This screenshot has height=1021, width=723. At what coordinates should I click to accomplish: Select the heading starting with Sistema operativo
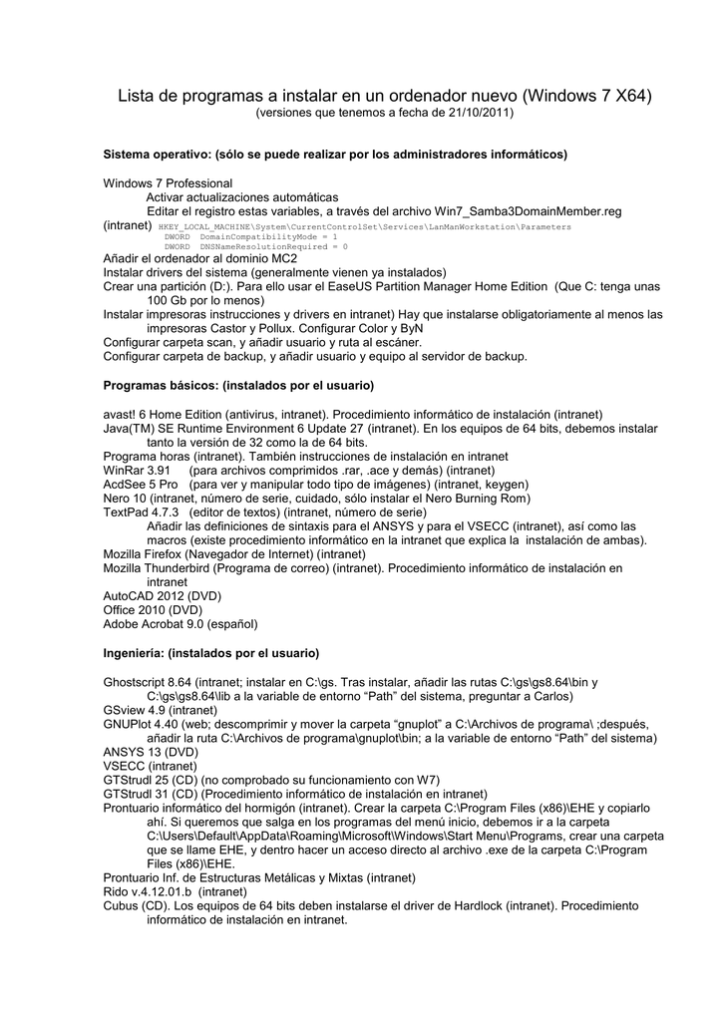335,155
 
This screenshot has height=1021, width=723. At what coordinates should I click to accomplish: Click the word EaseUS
384,285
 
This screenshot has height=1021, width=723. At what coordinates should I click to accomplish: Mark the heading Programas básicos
238,385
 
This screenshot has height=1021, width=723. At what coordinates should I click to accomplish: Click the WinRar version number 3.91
159,470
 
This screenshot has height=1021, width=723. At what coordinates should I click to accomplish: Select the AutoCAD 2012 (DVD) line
162,595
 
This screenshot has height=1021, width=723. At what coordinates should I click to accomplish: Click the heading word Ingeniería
134,653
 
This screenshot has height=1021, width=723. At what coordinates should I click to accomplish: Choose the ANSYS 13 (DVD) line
151,751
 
